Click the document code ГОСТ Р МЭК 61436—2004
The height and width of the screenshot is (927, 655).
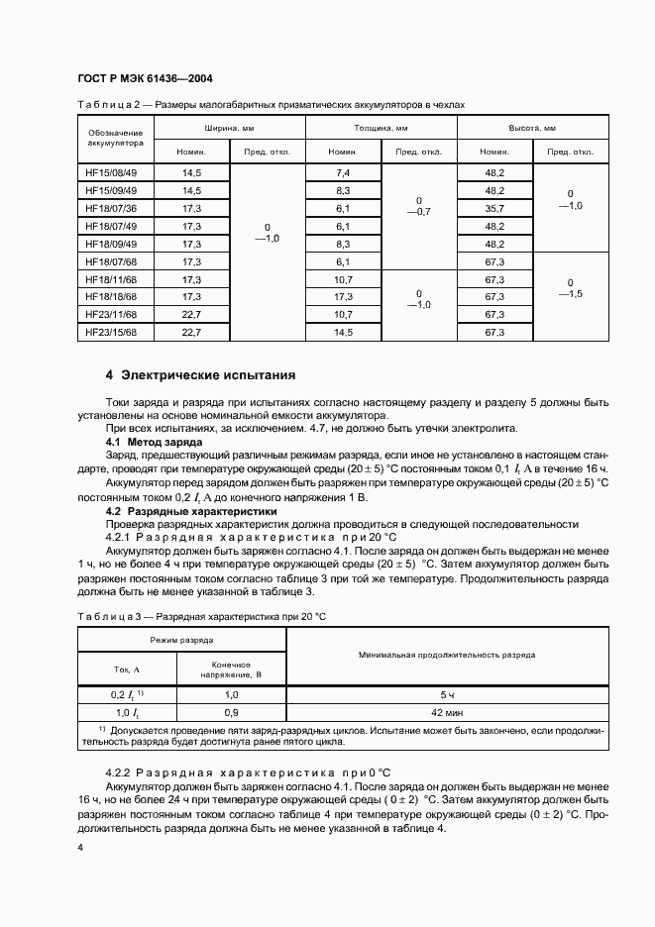[x=144, y=78]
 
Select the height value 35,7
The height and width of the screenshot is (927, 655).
[x=494, y=208]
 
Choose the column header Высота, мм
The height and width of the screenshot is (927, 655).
[x=532, y=129]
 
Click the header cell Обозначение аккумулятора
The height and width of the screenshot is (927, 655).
[x=116, y=138]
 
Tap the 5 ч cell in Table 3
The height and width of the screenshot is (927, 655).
[x=448, y=695]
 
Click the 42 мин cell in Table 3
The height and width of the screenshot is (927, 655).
[x=448, y=712]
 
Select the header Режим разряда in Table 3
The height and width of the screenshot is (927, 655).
[x=181, y=642]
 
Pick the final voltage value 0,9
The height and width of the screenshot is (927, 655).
[x=231, y=712]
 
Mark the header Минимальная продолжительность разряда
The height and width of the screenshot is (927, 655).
[x=448, y=655]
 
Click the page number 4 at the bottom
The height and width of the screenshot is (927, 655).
[x=80, y=849]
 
